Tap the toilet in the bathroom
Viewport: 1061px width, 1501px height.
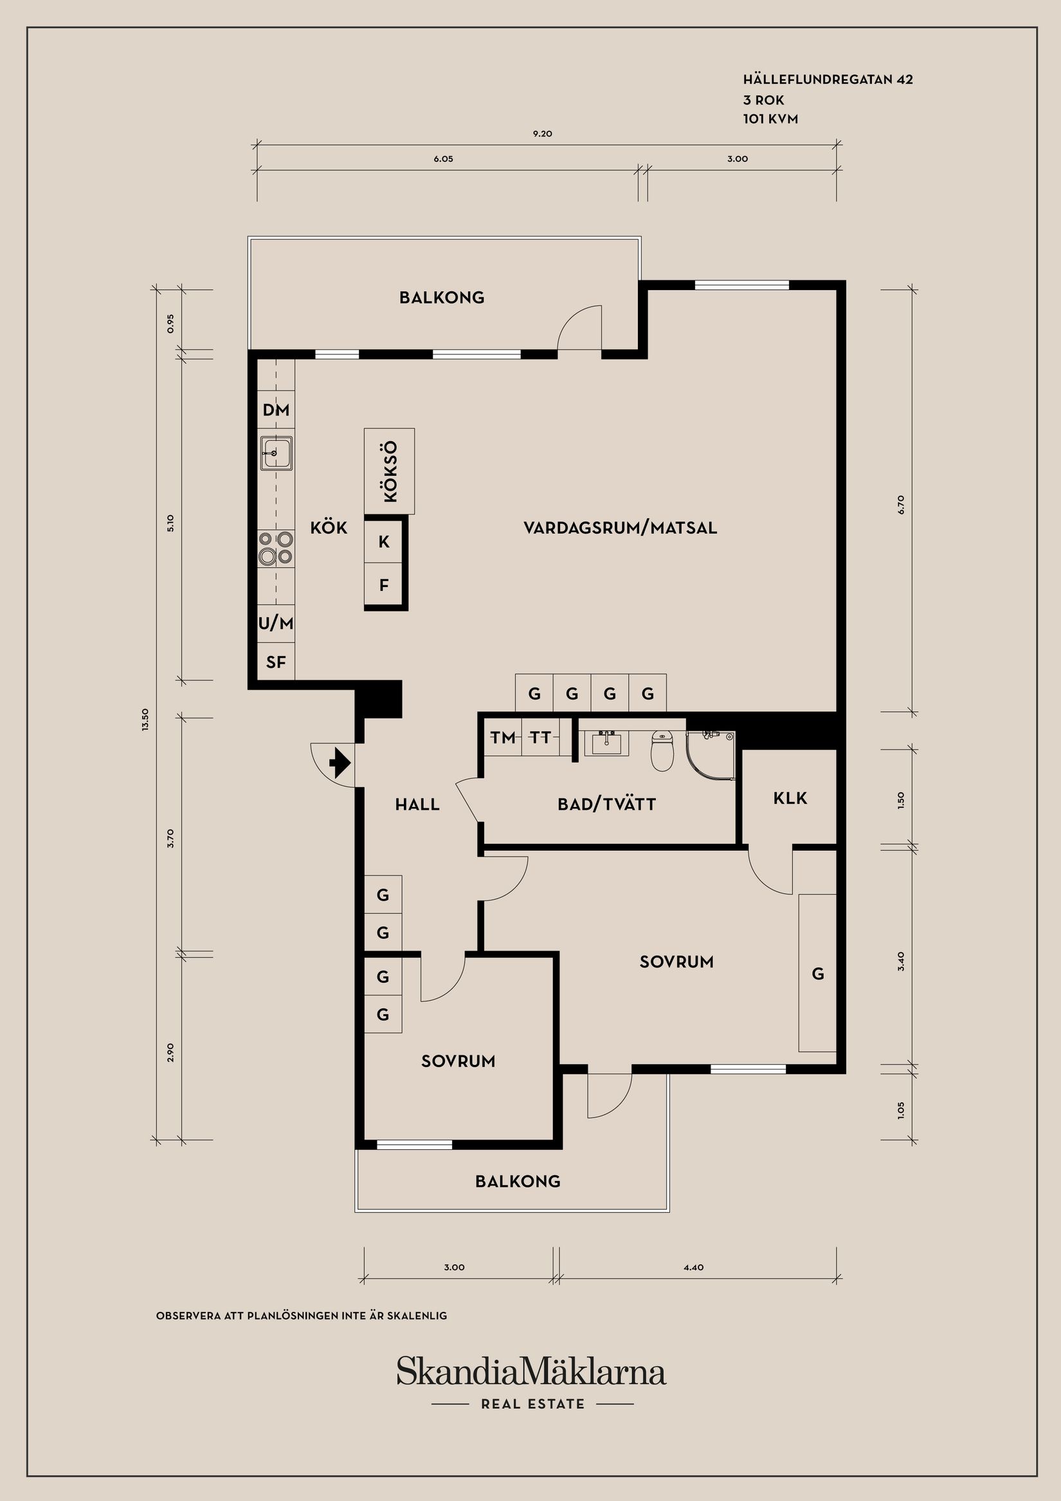pyautogui.click(x=662, y=751)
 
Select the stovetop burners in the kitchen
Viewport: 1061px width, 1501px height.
pyautogui.click(x=275, y=548)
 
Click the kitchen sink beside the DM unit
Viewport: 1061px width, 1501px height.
pyautogui.click(x=276, y=452)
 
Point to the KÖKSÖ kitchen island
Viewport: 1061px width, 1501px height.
pyautogui.click(x=389, y=471)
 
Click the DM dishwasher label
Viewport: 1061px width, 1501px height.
pyautogui.click(x=276, y=410)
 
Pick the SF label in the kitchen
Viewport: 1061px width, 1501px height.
pyautogui.click(x=276, y=662)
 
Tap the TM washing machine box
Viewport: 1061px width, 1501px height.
pyautogui.click(x=503, y=738)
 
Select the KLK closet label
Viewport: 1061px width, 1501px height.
pyautogui.click(x=790, y=798)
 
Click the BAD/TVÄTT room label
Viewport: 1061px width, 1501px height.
pyautogui.click(x=606, y=804)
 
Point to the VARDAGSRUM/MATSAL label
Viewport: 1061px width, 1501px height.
pyautogui.click(x=621, y=527)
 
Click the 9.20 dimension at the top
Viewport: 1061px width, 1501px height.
pyautogui.click(x=543, y=133)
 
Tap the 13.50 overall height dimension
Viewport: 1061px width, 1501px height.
pyautogui.click(x=145, y=720)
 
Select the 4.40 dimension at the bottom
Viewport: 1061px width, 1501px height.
pyautogui.click(x=694, y=1267)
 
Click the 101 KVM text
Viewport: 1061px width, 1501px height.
pyautogui.click(x=770, y=119)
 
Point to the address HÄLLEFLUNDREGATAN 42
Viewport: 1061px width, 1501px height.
pyautogui.click(x=828, y=80)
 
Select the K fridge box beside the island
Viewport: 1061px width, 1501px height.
pyautogui.click(x=385, y=541)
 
